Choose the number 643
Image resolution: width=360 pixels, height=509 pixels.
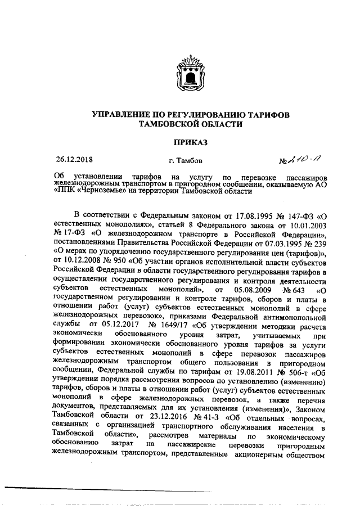click(299, 291)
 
